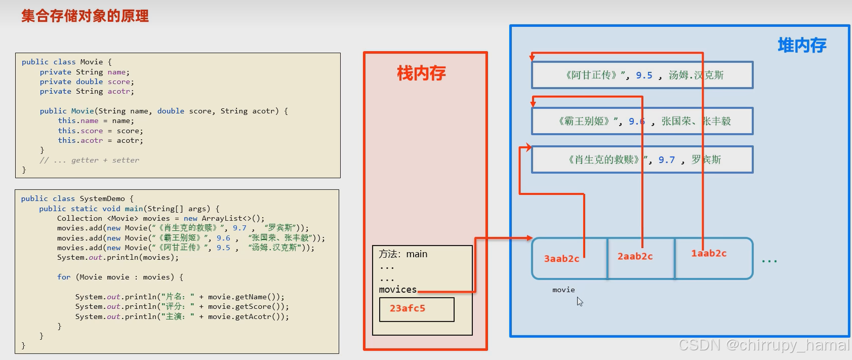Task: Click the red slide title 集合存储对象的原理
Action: click(85, 16)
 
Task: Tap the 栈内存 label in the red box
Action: click(421, 73)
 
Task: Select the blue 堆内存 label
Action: click(802, 46)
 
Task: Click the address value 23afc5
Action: click(408, 308)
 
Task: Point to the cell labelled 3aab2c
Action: click(561, 259)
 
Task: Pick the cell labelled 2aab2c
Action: click(635, 256)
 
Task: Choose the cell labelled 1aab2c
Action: click(709, 254)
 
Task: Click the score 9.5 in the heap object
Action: click(644, 75)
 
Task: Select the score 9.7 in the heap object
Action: click(666, 160)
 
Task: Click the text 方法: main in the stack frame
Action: click(403, 254)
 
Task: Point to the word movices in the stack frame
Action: click(397, 290)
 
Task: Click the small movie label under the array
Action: click(563, 290)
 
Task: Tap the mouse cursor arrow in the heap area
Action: click(579, 301)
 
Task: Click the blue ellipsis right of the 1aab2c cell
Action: click(769, 261)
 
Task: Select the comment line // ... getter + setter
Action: click(90, 160)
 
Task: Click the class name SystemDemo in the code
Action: click(102, 198)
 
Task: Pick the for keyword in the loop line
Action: click(64, 277)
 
